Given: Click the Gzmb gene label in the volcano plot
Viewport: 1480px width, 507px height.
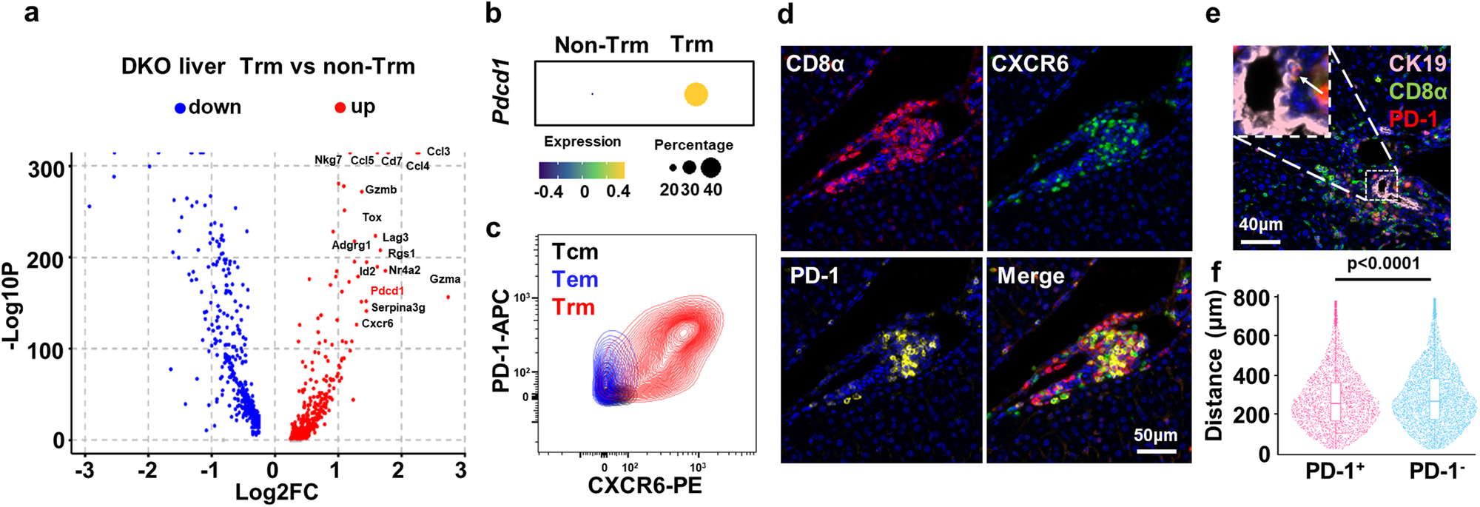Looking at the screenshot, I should (381, 189).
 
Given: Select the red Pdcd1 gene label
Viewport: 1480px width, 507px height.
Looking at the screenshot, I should (387, 291).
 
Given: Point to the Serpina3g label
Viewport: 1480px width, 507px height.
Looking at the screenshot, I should (398, 307).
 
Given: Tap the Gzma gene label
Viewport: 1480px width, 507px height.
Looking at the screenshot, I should (445, 279).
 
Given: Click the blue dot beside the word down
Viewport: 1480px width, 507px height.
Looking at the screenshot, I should (180, 108).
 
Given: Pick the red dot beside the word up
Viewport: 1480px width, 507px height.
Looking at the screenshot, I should (340, 108).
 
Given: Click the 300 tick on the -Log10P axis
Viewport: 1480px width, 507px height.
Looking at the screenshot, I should (46, 169).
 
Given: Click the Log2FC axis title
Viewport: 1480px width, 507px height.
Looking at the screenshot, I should (276, 493).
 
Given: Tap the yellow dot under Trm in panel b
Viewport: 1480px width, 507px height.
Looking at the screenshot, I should (696, 95).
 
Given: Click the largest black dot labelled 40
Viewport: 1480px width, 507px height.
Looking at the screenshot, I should (711, 167).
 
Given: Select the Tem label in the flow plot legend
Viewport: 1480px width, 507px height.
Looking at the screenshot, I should (575, 280).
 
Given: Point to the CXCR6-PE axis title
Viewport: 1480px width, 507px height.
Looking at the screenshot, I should (645, 486).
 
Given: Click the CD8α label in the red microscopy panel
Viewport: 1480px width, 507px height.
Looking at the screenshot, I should (815, 64).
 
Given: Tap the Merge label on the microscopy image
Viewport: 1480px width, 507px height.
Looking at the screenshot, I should (1031, 276).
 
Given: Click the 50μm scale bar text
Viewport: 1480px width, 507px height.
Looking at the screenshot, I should (1155, 435).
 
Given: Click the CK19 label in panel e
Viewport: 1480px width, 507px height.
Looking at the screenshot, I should (1417, 64).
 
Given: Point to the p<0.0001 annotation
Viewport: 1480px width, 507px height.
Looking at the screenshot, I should (1383, 264).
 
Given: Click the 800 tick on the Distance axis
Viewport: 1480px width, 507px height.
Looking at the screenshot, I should (1253, 298).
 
